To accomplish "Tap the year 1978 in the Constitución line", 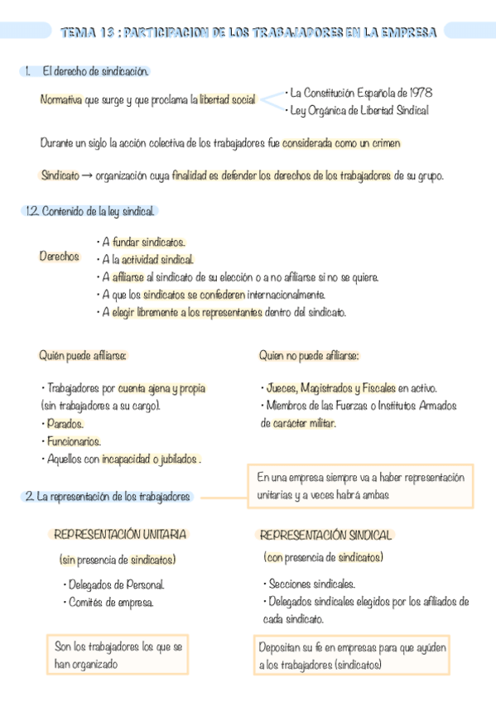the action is [x=417, y=92].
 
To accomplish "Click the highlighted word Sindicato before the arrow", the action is [x=60, y=175].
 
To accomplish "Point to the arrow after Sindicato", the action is [x=87, y=175].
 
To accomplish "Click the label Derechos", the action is [x=59, y=257].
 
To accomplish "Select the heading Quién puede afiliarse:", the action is [x=83, y=355].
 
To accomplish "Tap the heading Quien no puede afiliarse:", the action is [x=309, y=355].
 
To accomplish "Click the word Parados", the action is [x=65, y=423].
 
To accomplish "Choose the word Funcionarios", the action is [x=74, y=441].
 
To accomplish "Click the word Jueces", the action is [x=282, y=388].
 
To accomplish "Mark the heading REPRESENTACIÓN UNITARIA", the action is [x=120, y=535].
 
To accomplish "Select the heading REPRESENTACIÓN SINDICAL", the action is [x=325, y=535].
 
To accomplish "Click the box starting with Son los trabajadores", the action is [x=118, y=655].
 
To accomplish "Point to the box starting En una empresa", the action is [x=360, y=486].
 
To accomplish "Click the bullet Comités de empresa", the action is [x=111, y=603].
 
